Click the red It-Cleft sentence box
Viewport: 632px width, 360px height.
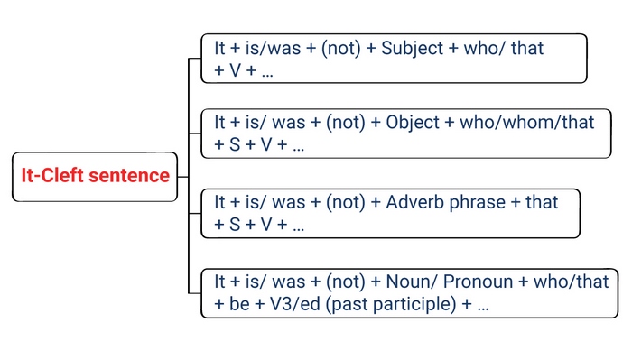point(96,175)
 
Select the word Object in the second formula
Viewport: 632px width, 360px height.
point(411,122)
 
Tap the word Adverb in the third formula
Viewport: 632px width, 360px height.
point(414,202)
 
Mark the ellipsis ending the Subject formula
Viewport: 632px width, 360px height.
point(266,71)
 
